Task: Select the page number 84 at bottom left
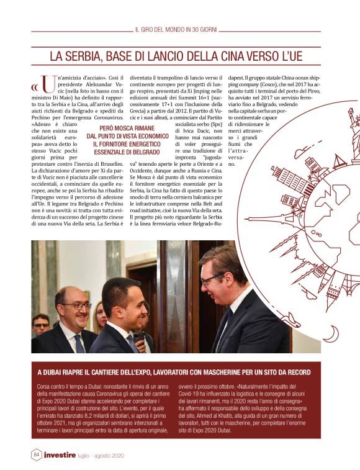[37, 455]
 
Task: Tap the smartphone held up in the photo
[138, 338]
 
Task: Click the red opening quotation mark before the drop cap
[35, 86]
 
